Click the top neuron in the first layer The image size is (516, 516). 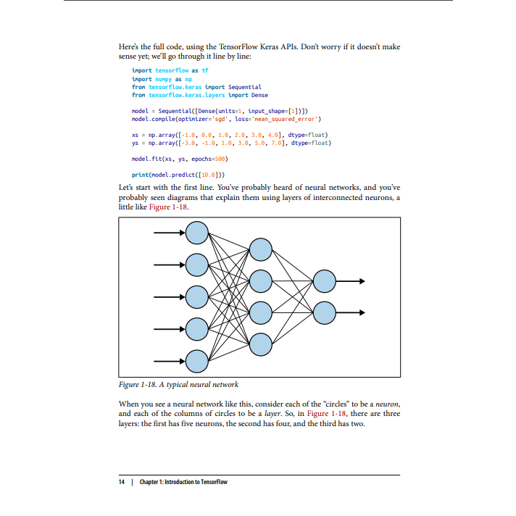click(197, 233)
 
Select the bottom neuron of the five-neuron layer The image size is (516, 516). click(197, 359)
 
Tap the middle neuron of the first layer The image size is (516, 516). click(197, 296)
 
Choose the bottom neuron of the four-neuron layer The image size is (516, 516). click(261, 344)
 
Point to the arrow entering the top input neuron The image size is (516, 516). click(170, 233)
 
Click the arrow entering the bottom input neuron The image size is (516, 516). click(170, 359)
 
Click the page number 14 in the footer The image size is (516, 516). click(122, 482)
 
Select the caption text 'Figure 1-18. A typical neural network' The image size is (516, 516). click(178, 384)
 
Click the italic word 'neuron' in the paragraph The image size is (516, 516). click(386, 403)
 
